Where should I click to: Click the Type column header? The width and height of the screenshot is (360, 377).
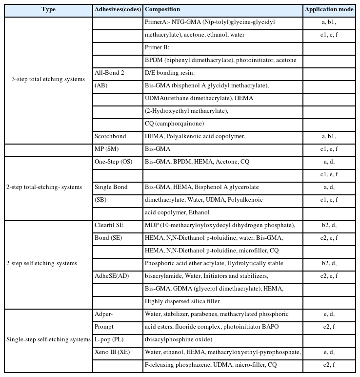tap(48, 9)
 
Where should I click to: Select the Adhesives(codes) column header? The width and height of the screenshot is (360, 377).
tap(117, 9)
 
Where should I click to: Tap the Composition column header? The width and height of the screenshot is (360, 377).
tap(162, 9)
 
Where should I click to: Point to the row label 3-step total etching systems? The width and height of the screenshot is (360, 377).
tap(48, 79)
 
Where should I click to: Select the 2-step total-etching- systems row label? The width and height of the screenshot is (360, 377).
tap(48, 187)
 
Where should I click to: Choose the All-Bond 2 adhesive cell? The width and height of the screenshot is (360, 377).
tap(109, 73)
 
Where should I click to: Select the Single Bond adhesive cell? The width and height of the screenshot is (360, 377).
tap(111, 187)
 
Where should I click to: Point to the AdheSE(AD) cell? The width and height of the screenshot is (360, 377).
tap(112, 276)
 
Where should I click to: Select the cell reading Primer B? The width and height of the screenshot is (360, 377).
tap(157, 47)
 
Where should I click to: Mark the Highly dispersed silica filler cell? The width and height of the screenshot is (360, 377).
tap(182, 301)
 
